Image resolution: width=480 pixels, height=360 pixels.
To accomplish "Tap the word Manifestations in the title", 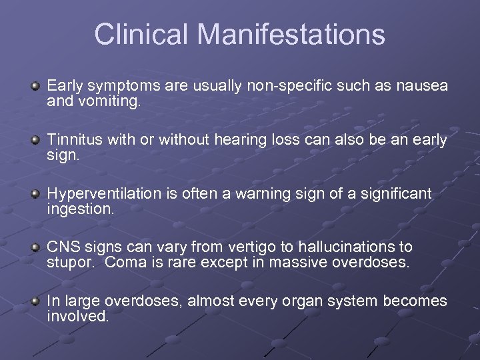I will point(293,35).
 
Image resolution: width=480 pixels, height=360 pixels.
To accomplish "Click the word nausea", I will point(421,87).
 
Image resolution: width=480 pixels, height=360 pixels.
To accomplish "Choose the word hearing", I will point(241,140).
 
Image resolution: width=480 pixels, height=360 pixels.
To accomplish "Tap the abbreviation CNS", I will point(62,247).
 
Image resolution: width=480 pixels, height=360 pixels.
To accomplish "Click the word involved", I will point(77,317).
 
